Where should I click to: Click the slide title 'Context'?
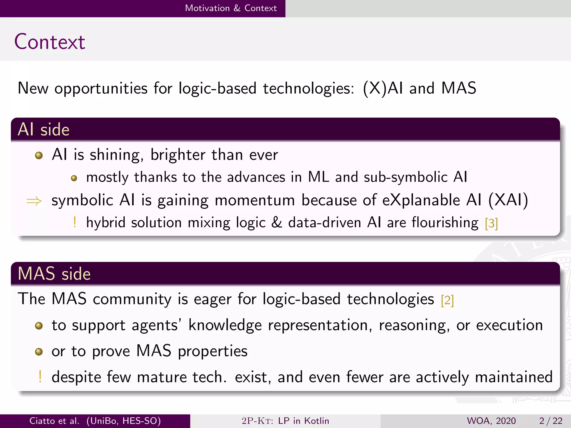(50, 42)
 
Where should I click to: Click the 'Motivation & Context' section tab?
(231, 8)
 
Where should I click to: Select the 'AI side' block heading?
(43, 130)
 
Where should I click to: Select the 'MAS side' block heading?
(54, 274)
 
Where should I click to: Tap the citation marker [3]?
(491, 223)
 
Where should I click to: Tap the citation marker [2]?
(447, 300)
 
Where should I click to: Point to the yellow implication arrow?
(34, 201)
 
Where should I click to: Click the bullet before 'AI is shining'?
(39, 155)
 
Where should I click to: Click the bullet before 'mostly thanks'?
(74, 178)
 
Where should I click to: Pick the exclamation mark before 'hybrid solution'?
(74, 222)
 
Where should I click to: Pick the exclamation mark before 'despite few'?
(40, 377)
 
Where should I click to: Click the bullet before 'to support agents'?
(39, 325)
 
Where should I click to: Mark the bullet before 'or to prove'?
(39, 352)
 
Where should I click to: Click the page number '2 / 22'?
(551, 421)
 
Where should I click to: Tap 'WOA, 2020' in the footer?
(491, 421)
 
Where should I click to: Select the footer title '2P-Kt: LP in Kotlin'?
(285, 421)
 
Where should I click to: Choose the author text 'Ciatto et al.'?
(54, 421)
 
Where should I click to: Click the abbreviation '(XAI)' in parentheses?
(508, 200)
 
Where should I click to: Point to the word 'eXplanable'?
(421, 200)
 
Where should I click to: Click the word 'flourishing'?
(445, 223)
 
